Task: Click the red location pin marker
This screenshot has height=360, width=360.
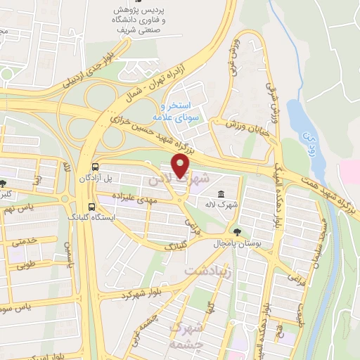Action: point(181,167)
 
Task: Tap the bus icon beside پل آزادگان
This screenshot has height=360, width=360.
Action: point(95,167)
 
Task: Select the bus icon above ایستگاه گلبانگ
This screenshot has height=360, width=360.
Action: point(91,207)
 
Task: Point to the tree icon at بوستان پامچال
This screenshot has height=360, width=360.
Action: point(236,231)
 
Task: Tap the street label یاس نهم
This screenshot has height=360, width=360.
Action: point(19,208)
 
